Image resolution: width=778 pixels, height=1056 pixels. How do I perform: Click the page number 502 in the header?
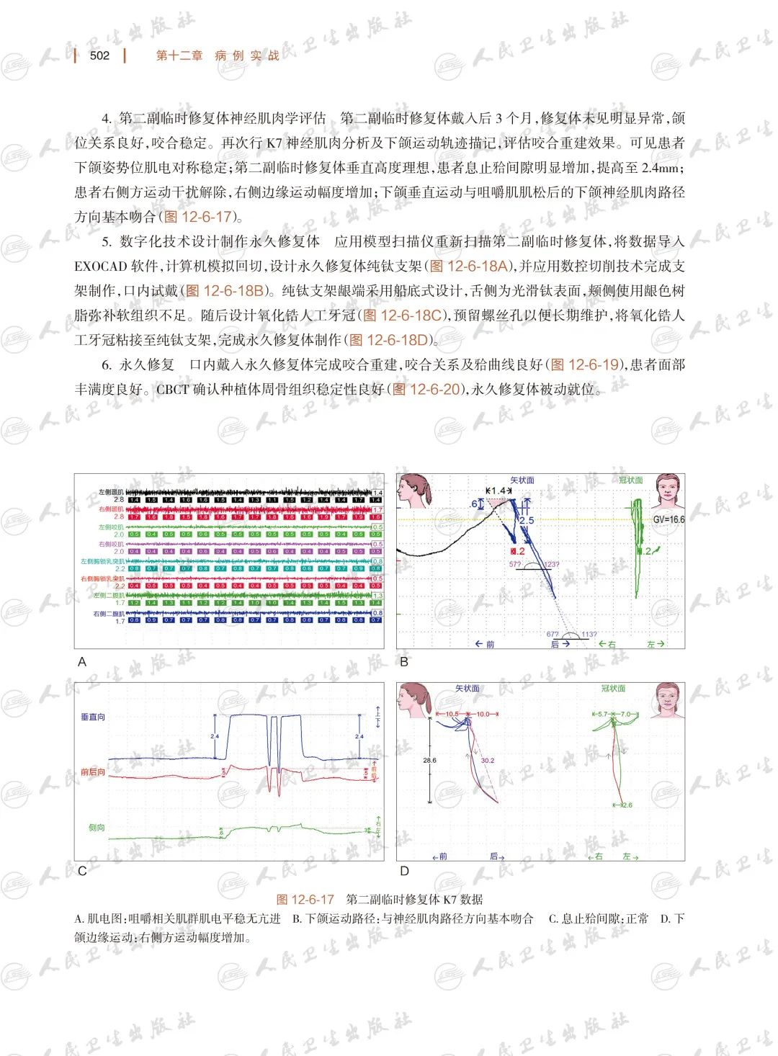pyautogui.click(x=99, y=55)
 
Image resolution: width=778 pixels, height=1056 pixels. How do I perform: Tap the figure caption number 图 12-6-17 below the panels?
pyautogui.click(x=305, y=899)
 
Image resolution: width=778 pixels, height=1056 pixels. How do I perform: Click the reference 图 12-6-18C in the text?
pyautogui.click(x=401, y=316)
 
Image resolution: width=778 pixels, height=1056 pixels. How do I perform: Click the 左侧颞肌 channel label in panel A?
pyautogui.click(x=111, y=492)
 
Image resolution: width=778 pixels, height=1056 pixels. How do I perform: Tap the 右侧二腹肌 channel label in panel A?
pyautogui.click(x=108, y=614)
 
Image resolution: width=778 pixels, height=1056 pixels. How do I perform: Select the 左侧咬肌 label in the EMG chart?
pyautogui.click(x=111, y=527)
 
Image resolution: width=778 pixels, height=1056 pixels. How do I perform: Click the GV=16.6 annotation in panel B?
pyautogui.click(x=668, y=519)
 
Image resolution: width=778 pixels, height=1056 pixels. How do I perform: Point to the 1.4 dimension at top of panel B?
pyautogui.click(x=498, y=491)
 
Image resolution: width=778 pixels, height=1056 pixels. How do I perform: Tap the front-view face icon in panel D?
pyautogui.click(x=667, y=699)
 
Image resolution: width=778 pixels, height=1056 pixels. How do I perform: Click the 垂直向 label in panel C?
pyautogui.click(x=93, y=717)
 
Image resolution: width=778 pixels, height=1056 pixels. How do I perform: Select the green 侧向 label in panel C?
pyautogui.click(x=97, y=828)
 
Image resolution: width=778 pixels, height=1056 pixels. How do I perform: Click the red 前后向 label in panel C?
pyautogui.click(x=93, y=772)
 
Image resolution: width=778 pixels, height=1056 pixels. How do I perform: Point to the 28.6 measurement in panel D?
pyautogui.click(x=429, y=760)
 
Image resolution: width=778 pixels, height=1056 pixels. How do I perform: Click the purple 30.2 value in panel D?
pyautogui.click(x=488, y=760)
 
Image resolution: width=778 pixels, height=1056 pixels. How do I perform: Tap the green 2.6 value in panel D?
pyautogui.click(x=627, y=805)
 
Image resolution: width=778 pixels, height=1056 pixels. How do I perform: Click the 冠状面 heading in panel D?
pyautogui.click(x=613, y=689)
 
